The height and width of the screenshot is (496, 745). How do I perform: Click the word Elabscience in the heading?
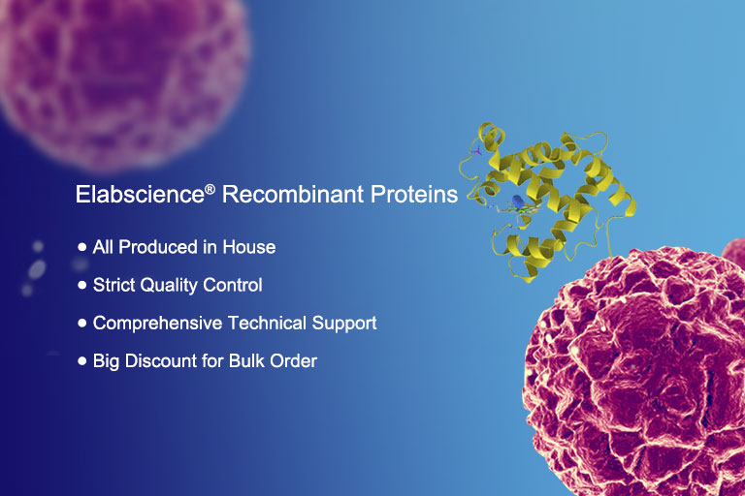(x=140, y=194)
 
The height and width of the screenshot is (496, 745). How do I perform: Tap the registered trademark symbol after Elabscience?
(x=210, y=190)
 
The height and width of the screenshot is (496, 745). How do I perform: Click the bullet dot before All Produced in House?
(x=82, y=247)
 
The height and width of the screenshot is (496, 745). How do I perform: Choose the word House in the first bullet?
(x=249, y=247)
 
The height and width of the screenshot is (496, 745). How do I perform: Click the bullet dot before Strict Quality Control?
(x=82, y=285)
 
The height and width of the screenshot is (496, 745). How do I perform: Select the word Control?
(x=233, y=285)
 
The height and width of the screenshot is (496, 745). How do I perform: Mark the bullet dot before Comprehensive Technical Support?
(x=82, y=323)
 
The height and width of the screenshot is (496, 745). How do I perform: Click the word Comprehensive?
(x=158, y=324)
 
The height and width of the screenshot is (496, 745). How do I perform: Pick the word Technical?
(x=267, y=323)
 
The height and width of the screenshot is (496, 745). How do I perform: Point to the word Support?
(x=344, y=324)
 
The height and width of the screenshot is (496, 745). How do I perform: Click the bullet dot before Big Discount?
(x=82, y=361)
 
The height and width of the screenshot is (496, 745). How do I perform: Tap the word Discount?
(x=161, y=360)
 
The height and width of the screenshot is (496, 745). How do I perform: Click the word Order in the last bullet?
(x=294, y=360)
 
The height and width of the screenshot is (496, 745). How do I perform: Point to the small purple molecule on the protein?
(x=477, y=152)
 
